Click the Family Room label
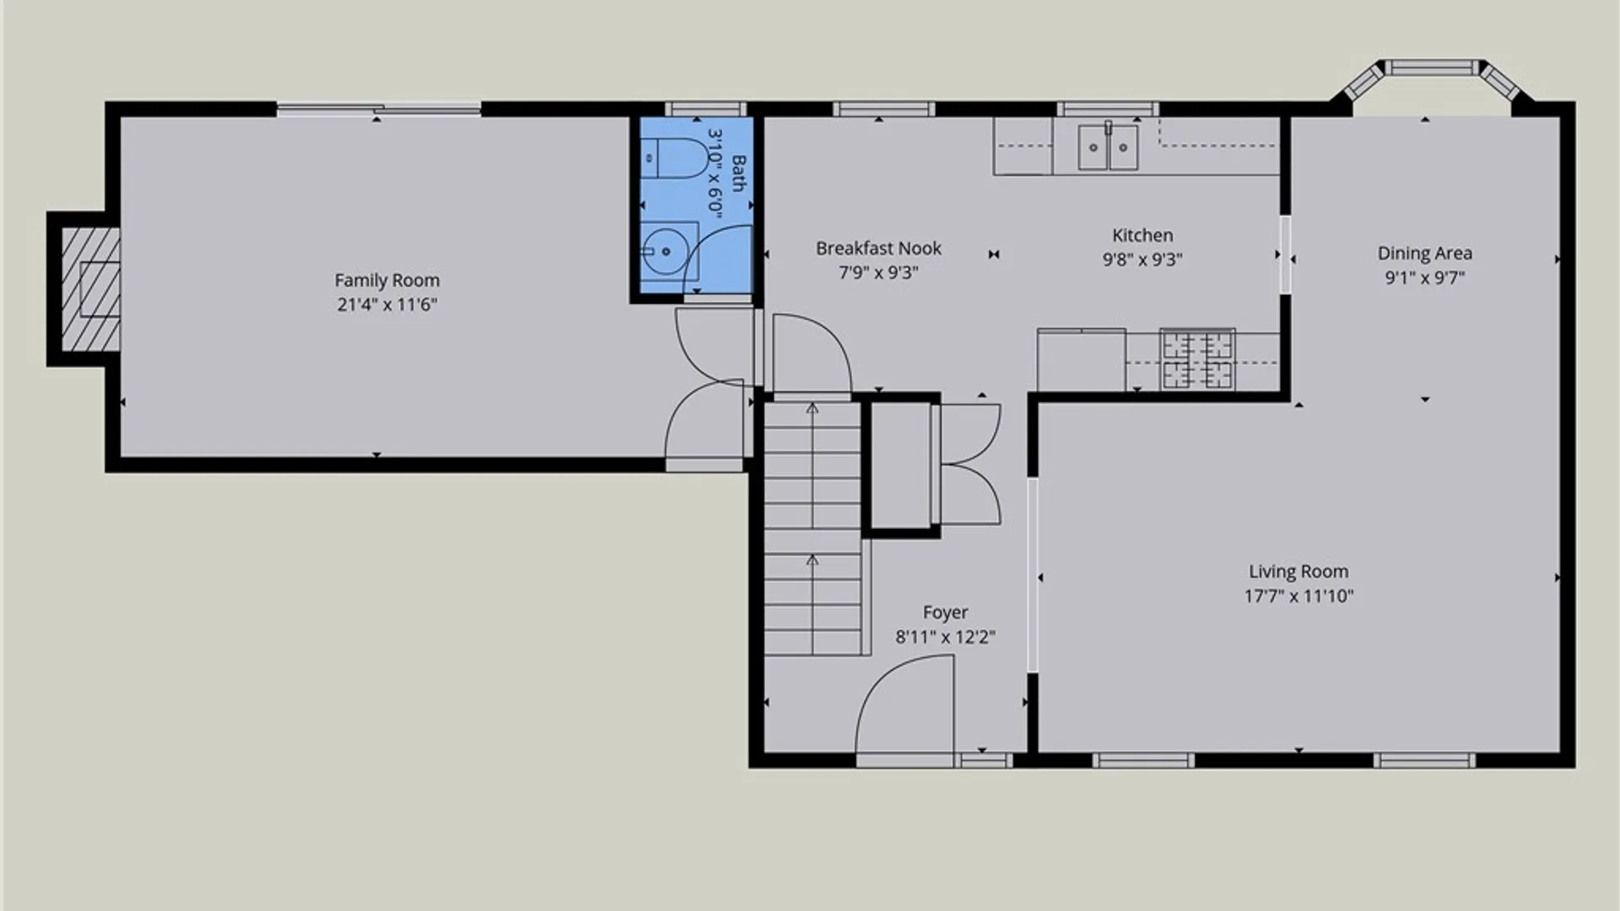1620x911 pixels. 387,280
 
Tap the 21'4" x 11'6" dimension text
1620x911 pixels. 387,305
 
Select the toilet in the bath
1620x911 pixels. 674,159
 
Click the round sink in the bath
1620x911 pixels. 666,251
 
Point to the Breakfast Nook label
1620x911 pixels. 878,248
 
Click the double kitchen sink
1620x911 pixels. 1108,147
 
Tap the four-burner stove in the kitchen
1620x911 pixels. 1197,359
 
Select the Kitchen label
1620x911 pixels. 1142,235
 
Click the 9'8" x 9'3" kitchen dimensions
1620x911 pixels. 1142,260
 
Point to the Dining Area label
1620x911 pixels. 1425,253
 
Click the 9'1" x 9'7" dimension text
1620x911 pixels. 1425,278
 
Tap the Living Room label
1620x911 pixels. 1299,571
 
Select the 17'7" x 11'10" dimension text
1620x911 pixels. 1299,596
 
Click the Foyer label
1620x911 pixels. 945,612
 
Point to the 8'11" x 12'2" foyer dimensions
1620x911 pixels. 945,637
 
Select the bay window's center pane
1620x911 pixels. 1434,67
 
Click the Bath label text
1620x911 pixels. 738,173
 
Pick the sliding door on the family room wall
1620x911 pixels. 379,108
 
